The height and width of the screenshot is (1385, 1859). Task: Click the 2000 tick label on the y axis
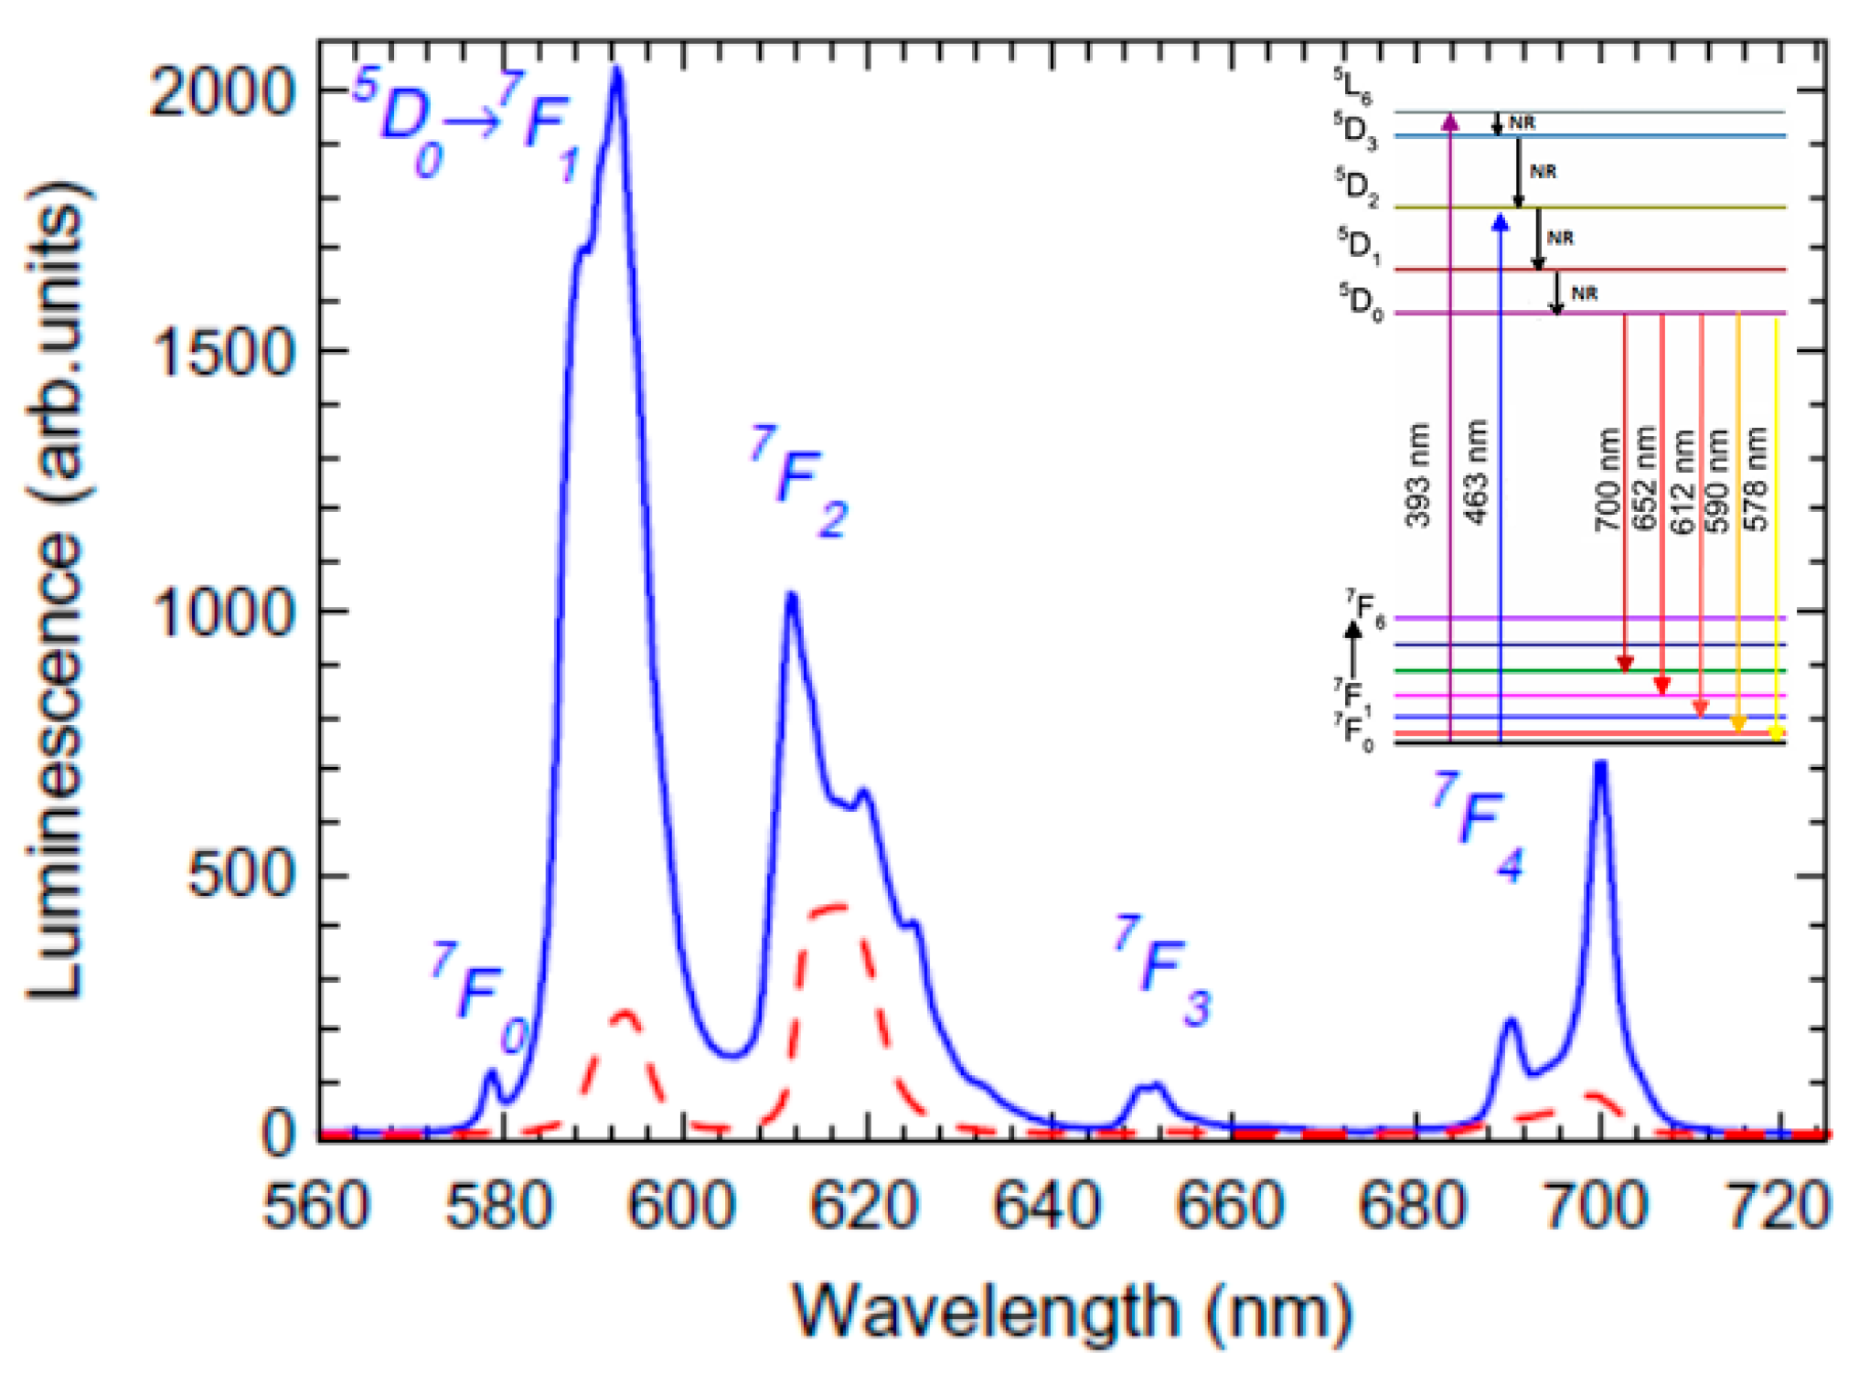[221, 92]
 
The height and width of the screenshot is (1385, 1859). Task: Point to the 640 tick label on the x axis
[1046, 1206]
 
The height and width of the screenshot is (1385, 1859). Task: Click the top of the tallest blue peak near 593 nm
[617, 70]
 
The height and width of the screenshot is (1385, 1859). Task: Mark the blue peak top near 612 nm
[792, 596]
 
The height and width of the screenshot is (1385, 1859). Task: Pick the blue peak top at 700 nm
[1600, 763]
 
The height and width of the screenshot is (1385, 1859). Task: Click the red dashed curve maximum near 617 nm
[839, 906]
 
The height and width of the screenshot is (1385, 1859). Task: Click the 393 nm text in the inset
[1417, 475]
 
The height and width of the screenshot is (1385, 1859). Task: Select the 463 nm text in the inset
[1476, 472]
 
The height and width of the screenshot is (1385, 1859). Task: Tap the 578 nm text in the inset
[1755, 479]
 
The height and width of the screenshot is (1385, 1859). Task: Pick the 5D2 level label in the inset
[1355, 186]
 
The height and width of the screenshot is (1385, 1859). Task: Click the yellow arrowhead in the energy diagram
[1775, 733]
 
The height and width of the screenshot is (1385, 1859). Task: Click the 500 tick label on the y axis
[240, 875]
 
